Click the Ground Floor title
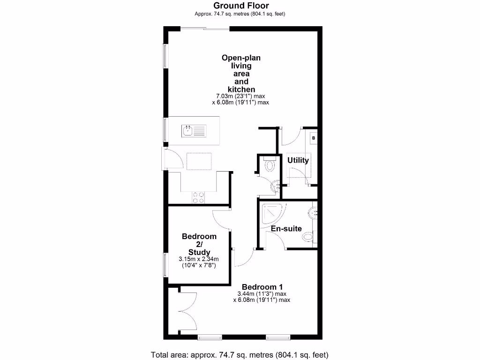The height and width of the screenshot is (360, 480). point(241,6)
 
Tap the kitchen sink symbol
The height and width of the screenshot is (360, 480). point(195,130)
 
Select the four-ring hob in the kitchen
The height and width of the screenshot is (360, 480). point(198,198)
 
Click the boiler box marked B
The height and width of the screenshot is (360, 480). point(314,137)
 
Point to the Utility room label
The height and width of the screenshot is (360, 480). point(298,160)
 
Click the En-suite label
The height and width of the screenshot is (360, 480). point(286,228)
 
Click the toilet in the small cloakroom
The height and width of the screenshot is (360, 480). point(270,165)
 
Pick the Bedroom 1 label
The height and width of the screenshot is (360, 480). point(262,287)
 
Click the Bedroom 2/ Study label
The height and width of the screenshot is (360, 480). point(199,244)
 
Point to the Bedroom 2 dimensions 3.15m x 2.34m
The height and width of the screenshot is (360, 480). point(199,262)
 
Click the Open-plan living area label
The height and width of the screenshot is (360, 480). point(241,74)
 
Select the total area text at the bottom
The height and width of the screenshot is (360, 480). point(240,354)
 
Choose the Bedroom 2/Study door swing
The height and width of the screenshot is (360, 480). point(220,219)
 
